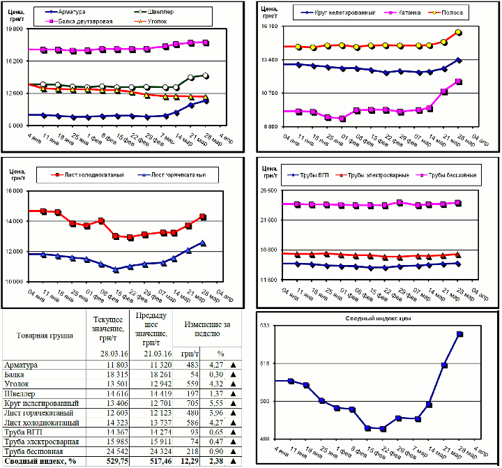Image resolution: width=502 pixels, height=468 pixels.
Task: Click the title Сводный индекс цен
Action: (379, 318)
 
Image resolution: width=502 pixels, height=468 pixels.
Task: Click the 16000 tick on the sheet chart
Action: (14, 192)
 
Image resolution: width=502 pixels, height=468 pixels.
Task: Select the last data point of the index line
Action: (460, 334)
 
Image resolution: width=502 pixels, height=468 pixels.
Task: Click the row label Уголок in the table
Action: (17, 383)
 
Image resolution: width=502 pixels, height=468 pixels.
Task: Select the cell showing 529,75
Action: (116, 461)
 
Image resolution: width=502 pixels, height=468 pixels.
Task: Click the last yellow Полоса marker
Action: (458, 32)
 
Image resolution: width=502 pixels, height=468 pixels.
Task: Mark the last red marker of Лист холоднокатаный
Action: (203, 217)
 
